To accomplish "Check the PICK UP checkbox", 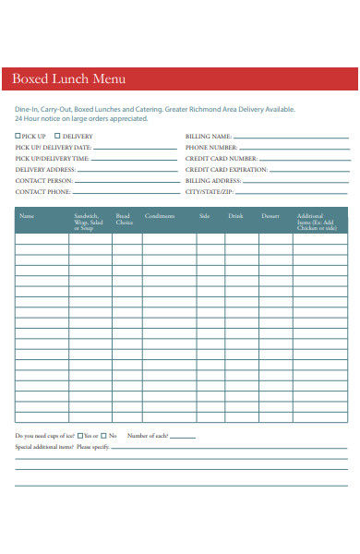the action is pyautogui.click(x=18, y=137).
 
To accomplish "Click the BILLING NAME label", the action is pyautogui.click(x=208, y=137).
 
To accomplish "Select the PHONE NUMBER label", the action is pyautogui.click(x=210, y=148).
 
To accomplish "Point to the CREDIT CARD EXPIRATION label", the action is pyautogui.click(x=226, y=170).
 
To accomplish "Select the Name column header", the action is pyautogui.click(x=27, y=216).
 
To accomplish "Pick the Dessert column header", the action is pyautogui.click(x=270, y=216).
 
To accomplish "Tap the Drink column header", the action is pyautogui.click(x=235, y=216).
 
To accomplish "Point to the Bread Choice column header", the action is pyautogui.click(x=124, y=220).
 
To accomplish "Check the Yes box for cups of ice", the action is pyautogui.click(x=80, y=436).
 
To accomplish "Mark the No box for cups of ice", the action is pyautogui.click(x=104, y=436).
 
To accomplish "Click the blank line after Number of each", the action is pyautogui.click(x=182, y=437).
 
